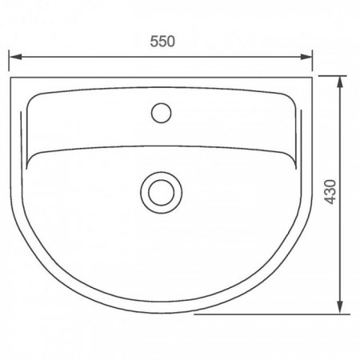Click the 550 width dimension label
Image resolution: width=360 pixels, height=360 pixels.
click(x=162, y=42)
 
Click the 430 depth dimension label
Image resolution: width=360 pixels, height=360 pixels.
click(x=330, y=192)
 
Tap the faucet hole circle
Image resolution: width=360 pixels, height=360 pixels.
click(x=161, y=113)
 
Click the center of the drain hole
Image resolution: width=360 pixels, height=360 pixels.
click(x=162, y=193)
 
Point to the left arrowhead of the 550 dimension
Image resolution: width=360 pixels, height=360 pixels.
click(x=15, y=57)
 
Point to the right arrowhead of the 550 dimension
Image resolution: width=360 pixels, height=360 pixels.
click(x=306, y=57)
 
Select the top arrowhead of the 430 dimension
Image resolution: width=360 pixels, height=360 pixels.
click(x=339, y=82)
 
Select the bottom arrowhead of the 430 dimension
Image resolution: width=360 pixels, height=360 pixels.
click(x=339, y=307)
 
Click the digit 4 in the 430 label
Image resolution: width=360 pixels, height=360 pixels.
click(x=330, y=200)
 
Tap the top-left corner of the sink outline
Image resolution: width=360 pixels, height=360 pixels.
click(x=10, y=78)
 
